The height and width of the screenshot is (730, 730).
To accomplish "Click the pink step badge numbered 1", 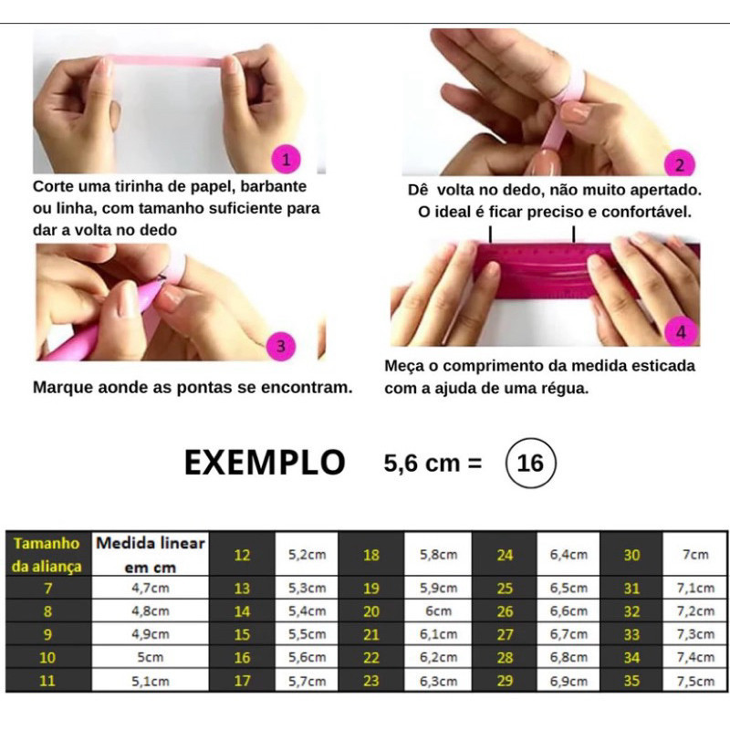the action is (286, 159).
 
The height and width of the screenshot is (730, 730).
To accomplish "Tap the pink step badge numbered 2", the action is (680, 164).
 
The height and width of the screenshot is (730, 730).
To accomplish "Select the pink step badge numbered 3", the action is (281, 346).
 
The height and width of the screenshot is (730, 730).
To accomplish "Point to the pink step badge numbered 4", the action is (681, 331).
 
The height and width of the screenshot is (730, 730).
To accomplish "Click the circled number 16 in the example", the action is (530, 463).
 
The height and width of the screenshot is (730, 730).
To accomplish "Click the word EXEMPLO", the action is (265, 463).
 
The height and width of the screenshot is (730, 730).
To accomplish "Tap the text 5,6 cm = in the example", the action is (433, 464).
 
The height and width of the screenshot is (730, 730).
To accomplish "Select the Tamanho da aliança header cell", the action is (48, 554).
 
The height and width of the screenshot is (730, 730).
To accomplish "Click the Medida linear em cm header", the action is (150, 554).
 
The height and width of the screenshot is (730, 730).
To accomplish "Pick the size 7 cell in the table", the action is (48, 588).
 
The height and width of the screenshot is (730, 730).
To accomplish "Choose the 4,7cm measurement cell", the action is (150, 588).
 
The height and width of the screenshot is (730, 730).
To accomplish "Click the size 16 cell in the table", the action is (242, 657).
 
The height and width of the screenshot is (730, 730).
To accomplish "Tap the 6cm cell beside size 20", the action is (438, 610).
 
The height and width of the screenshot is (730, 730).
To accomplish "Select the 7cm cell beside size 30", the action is (695, 554).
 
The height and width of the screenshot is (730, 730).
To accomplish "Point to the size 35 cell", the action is (631, 681).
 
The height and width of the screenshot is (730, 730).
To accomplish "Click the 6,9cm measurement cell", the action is (568, 681).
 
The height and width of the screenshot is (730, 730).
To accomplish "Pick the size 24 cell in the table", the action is (505, 554).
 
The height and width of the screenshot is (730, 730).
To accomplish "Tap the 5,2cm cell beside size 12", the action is (307, 554).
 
